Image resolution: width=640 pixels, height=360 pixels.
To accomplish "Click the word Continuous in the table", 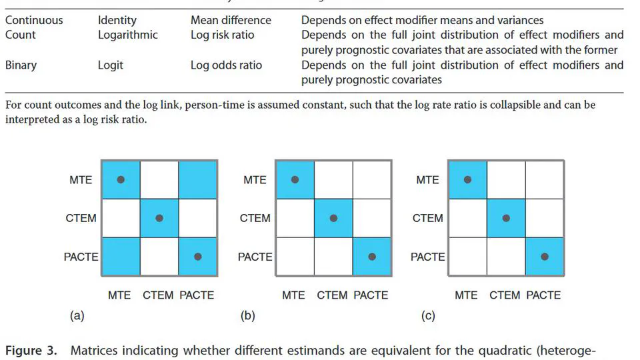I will click(x=35, y=20).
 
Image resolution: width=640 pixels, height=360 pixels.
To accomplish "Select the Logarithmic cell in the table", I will click(x=128, y=35).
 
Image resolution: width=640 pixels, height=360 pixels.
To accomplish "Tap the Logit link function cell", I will click(x=111, y=65).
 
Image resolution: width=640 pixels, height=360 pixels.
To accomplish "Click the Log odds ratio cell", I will click(x=226, y=65).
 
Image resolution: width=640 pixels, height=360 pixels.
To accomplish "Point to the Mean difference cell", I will click(x=231, y=20).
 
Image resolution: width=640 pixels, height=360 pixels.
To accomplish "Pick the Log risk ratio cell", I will click(x=222, y=35).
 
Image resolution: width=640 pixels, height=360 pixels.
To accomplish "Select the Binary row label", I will click(x=21, y=65).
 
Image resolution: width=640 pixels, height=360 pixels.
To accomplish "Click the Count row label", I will click(x=21, y=35).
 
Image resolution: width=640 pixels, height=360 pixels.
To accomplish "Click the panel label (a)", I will click(x=77, y=316).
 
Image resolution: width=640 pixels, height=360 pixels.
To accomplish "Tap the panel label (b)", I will click(x=247, y=316).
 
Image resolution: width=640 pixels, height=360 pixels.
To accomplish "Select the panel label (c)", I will click(x=428, y=316).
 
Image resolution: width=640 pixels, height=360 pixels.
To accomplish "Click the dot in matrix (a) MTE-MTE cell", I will click(x=120, y=179).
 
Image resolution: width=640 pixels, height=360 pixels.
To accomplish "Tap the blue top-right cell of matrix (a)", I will click(x=197, y=179).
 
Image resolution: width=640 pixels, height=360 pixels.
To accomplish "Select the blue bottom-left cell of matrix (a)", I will click(x=120, y=257).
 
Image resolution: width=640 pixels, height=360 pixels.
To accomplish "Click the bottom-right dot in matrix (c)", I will click(x=545, y=257).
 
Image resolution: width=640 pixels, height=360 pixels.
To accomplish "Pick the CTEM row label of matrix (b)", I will click(x=255, y=218).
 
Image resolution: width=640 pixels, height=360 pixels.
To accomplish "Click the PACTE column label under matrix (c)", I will click(x=543, y=295).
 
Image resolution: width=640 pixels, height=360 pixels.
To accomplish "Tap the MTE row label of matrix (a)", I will click(x=81, y=179).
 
